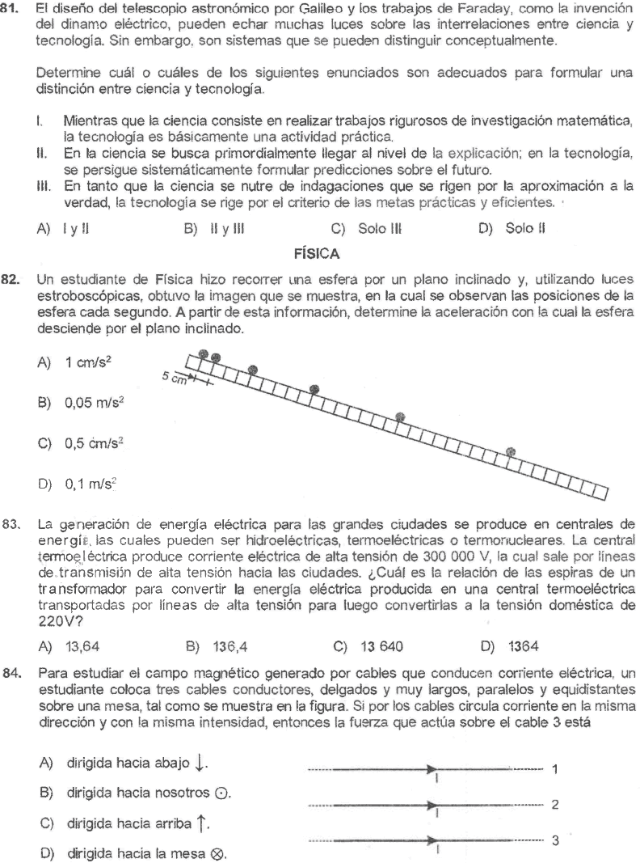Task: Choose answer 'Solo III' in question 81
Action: [x=373, y=241]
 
